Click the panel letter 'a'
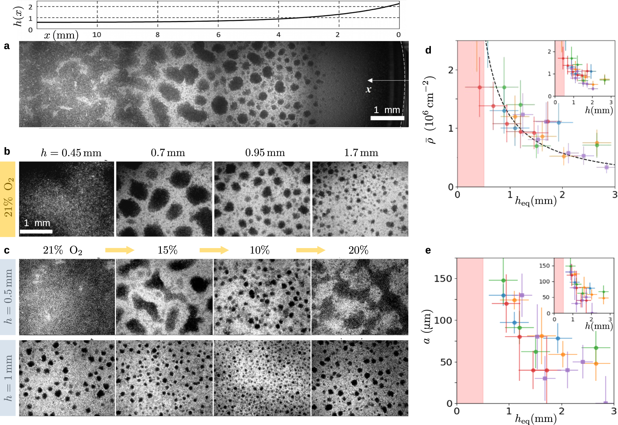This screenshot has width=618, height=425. [x=6, y=46]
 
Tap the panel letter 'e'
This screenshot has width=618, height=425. [x=428, y=250]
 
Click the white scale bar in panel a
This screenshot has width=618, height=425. [x=387, y=118]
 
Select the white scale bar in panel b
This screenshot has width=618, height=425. [x=36, y=231]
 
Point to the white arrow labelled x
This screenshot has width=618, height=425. [x=387, y=80]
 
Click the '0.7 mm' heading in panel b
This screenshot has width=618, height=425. [x=168, y=152]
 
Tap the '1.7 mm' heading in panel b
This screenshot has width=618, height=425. [x=361, y=152]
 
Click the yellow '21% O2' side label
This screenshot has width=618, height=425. [x=8, y=198]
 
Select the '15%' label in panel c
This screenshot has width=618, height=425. [x=167, y=250]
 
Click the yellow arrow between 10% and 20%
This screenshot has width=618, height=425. [x=310, y=250]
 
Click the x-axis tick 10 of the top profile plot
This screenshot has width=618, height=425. [x=97, y=35]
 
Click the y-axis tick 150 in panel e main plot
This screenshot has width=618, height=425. [x=443, y=278]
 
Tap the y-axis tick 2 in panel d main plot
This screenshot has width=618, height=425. [x=451, y=70]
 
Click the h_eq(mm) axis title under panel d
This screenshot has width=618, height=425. [x=536, y=201]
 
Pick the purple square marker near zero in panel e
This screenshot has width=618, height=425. [x=606, y=403]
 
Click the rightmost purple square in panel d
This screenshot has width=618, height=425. [x=606, y=167]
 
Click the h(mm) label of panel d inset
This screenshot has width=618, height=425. [x=599, y=110]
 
